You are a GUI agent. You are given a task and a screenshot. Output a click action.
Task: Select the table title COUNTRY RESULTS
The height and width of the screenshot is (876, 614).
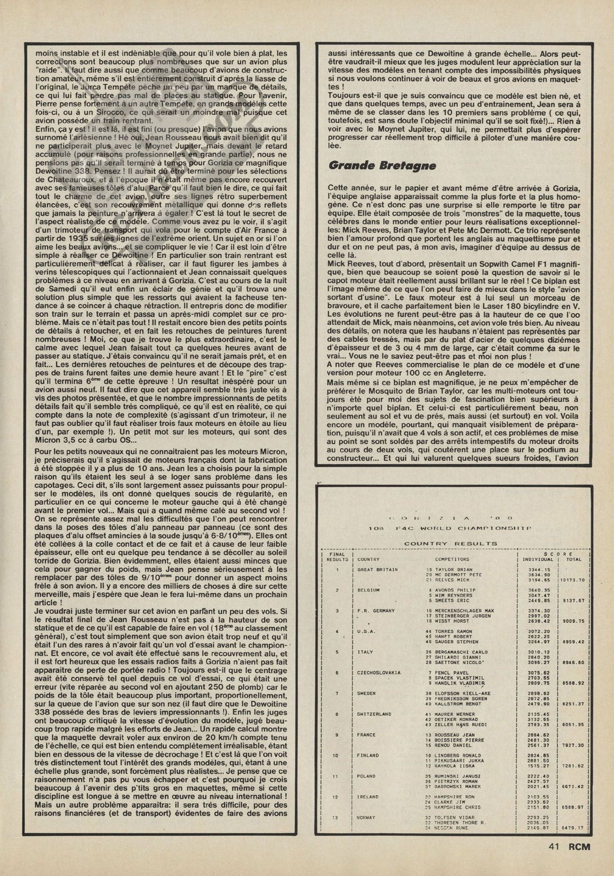[x=450, y=543]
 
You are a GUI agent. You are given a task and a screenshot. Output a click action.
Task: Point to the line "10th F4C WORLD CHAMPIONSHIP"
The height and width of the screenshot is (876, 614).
[x=450, y=528]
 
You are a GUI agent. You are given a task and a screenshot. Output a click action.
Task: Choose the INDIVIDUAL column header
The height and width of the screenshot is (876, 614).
[x=537, y=559]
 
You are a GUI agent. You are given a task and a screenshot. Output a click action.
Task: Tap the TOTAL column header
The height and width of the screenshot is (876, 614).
[x=573, y=559]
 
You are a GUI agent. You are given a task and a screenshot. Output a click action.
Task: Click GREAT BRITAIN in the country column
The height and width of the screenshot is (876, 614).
[x=377, y=569]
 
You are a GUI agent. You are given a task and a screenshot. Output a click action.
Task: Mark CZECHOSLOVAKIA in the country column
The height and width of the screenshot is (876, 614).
[x=379, y=673]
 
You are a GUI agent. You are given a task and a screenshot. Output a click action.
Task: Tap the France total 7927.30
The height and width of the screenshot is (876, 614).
[x=573, y=745]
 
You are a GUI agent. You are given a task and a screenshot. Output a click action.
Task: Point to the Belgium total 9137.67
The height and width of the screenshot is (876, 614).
[x=573, y=601]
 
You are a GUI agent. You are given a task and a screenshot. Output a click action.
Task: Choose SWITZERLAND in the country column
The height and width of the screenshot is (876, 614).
[x=374, y=714]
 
